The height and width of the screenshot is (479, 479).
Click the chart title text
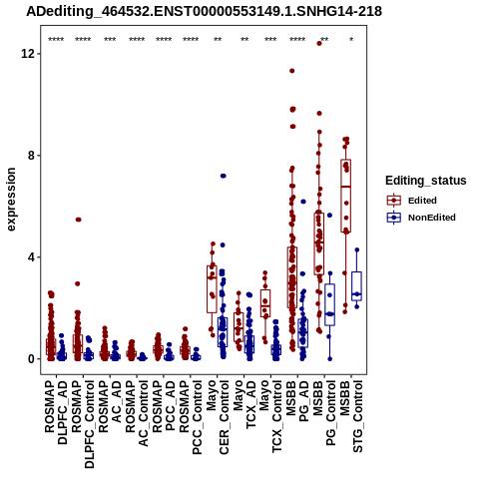point(204,12)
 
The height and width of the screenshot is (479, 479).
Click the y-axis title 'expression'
point(11,200)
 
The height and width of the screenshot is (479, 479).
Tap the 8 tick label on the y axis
point(31,156)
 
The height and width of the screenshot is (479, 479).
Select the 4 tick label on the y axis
point(31,257)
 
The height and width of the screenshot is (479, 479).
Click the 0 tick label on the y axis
point(31,359)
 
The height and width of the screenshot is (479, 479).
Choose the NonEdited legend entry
point(421,218)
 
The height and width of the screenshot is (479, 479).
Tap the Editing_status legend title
point(426,181)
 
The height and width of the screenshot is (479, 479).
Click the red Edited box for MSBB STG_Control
point(346,196)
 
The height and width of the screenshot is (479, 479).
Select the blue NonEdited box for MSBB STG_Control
point(357,286)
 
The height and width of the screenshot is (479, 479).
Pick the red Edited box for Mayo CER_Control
point(212,289)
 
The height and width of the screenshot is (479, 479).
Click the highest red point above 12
point(319,43)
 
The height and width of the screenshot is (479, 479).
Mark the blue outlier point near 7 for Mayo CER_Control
point(224,176)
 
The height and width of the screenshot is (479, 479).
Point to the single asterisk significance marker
point(351,39)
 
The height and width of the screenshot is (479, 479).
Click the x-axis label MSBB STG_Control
point(351,417)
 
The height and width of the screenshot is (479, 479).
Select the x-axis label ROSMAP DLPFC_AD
point(56,413)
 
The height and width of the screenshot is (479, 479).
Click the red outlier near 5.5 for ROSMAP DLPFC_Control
point(78,220)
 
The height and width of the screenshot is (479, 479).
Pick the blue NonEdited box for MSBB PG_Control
point(329,304)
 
